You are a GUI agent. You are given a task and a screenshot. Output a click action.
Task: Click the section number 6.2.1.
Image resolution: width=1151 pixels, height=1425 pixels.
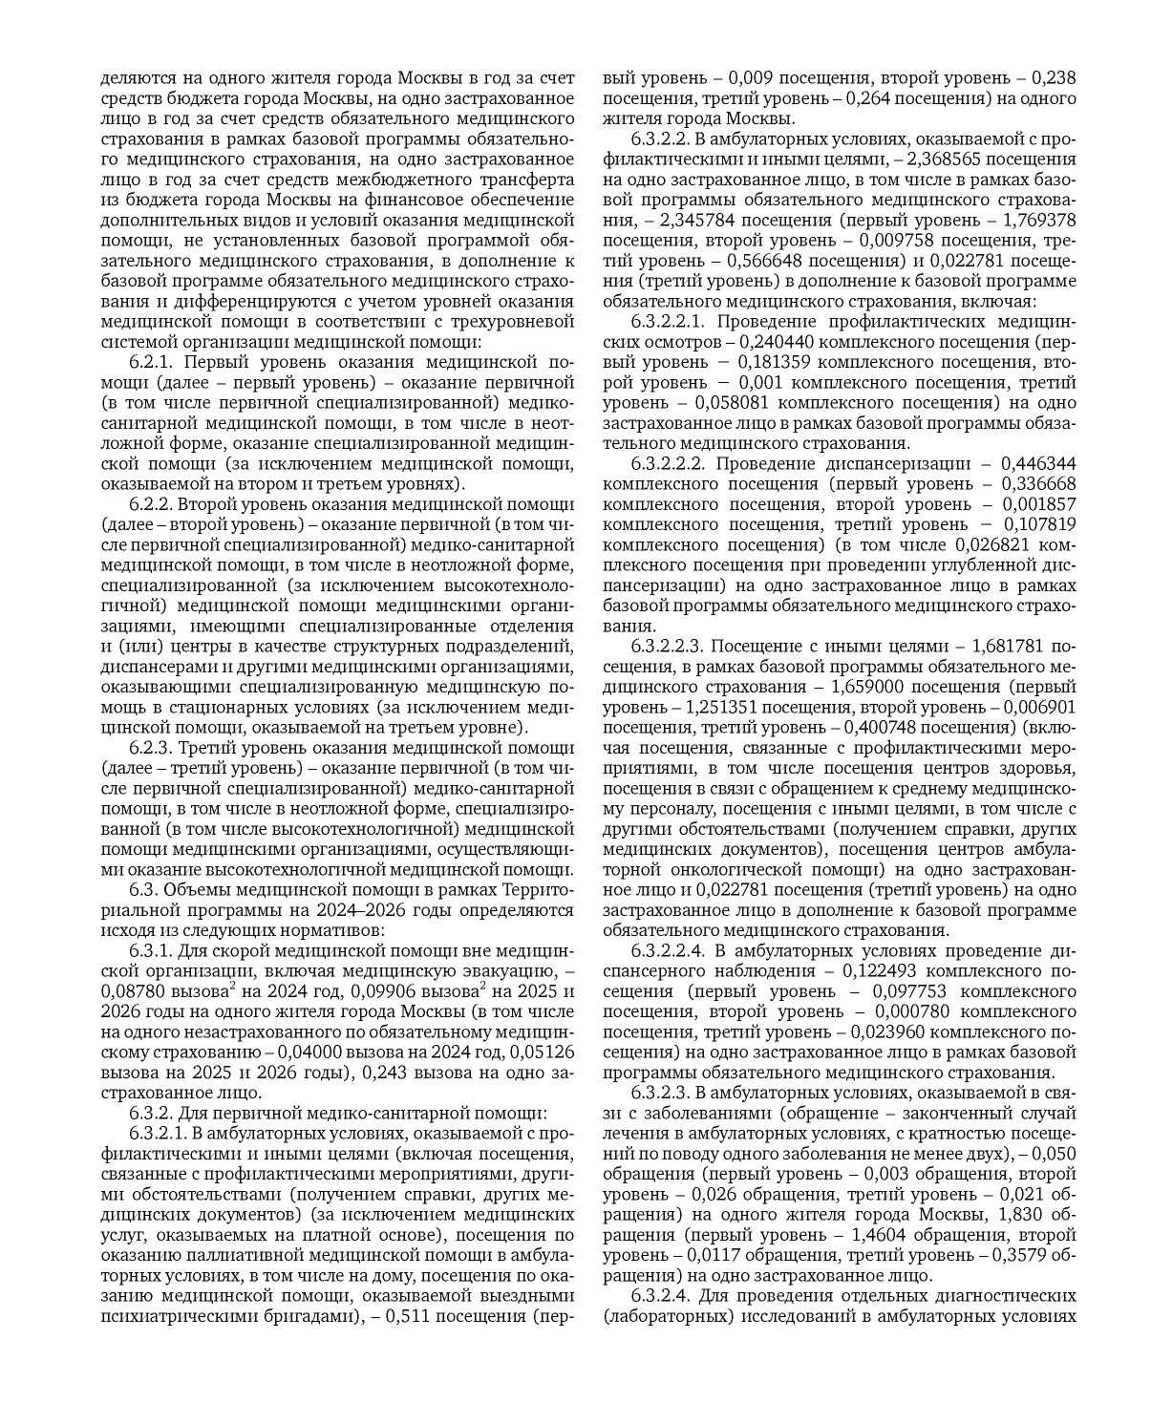coord(152,362)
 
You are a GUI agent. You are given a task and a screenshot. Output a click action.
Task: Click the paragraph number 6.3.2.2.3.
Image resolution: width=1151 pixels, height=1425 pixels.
coord(671,647)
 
